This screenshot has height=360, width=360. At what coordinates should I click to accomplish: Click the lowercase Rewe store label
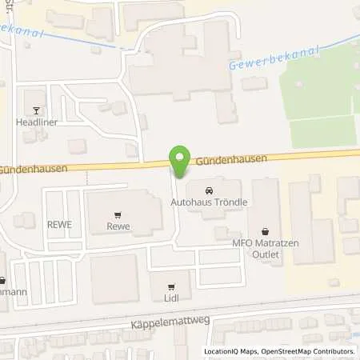coord(118,226)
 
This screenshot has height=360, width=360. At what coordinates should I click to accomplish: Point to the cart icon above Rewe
coord(118,214)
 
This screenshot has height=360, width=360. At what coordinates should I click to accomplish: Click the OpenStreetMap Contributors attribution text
coord(308,351)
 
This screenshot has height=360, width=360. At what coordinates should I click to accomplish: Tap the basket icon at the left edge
coord(2,281)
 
